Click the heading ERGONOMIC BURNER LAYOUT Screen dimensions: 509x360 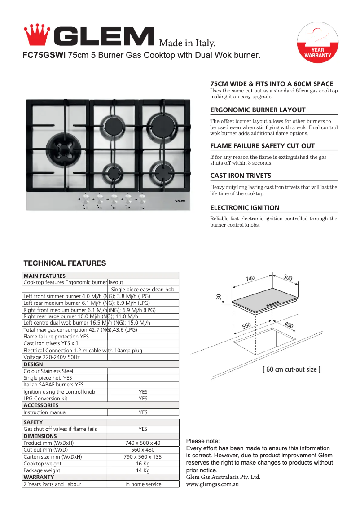coord(258,110)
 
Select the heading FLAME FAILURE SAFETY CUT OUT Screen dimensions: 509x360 coord(262,146)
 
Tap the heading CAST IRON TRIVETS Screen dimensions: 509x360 coord(241,176)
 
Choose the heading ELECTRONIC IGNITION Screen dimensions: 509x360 coord(245,208)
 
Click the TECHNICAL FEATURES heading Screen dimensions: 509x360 coord(65,263)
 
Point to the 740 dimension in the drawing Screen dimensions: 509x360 coord(250,278)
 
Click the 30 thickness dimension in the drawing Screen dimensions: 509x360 coord(219,297)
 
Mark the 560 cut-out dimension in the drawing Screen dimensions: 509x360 coord(246,326)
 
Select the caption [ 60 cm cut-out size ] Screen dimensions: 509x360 coord(291,369)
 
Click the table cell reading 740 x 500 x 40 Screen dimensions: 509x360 coord(143,443)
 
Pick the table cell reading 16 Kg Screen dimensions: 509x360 coord(143,464)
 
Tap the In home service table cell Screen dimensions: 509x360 coord(143,484)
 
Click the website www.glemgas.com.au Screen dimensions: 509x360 coord(212,485)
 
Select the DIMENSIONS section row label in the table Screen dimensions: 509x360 coord(40,436)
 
